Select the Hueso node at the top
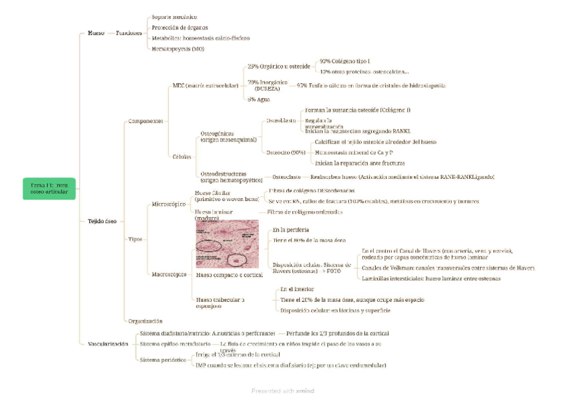click(96, 33)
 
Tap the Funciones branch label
click(128, 33)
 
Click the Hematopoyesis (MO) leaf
click(178, 49)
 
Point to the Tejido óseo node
click(102, 220)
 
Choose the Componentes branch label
click(145, 121)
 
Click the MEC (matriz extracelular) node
click(205, 86)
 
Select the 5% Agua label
click(259, 99)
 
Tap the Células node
click(182, 157)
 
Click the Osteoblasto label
click(280, 120)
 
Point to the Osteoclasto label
click(287, 177)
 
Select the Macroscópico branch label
click(169, 274)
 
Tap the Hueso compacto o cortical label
click(229, 274)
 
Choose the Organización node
click(144, 321)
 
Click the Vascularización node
click(107, 343)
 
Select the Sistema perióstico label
click(162, 360)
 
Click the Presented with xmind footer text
click(282, 391)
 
